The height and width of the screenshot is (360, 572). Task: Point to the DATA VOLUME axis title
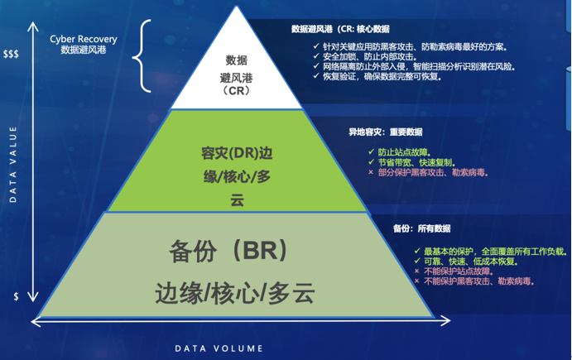click(x=219, y=348)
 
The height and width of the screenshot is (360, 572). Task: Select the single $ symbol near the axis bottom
click(x=16, y=295)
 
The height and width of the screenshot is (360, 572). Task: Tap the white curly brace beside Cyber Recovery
click(x=149, y=56)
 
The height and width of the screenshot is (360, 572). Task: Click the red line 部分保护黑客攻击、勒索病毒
click(x=427, y=173)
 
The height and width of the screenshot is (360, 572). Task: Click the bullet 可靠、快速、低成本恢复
click(x=468, y=261)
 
